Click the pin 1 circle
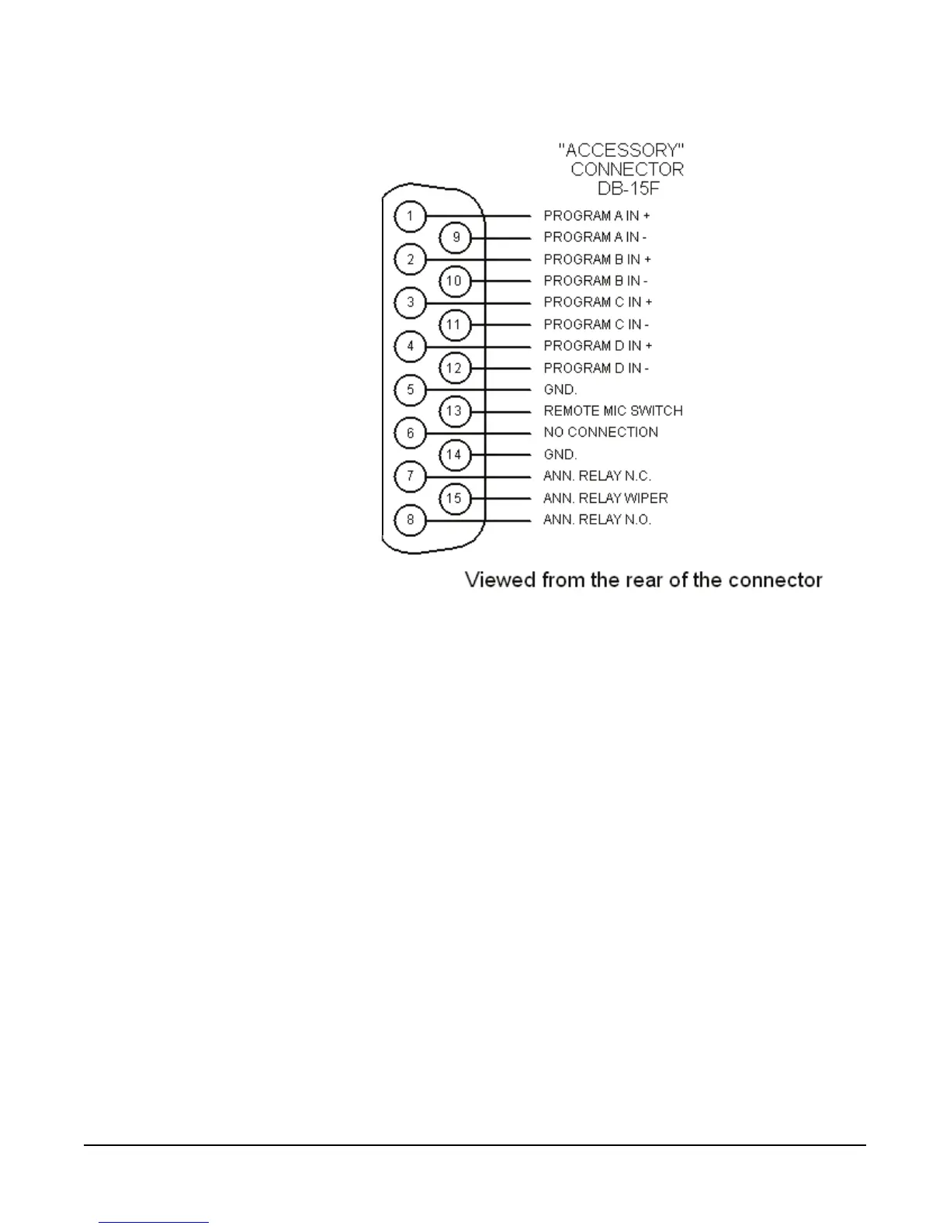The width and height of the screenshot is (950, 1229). [411, 216]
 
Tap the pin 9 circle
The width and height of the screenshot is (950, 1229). [456, 237]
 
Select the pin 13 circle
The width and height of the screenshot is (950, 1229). [455, 411]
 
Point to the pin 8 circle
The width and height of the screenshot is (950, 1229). [411, 520]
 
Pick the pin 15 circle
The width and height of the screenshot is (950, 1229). [455, 498]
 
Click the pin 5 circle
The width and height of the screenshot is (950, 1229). [411, 389]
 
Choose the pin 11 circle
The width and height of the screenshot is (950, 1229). [455, 324]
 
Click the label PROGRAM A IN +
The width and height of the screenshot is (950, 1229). [597, 216]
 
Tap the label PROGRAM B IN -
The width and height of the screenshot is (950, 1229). [595, 281]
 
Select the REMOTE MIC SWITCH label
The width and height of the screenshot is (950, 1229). [613, 410]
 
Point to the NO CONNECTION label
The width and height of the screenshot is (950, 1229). [601, 432]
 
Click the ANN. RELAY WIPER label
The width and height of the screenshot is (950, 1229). [605, 498]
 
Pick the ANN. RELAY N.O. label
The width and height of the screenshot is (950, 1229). [597, 520]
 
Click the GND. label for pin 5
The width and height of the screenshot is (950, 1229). [560, 389]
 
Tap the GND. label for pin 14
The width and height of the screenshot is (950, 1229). [560, 455]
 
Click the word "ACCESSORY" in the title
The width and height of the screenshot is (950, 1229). [621, 150]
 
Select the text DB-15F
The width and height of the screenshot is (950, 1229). [629, 189]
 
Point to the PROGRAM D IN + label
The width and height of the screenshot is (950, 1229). [598, 346]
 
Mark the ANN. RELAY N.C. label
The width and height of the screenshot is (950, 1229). [597, 476]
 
